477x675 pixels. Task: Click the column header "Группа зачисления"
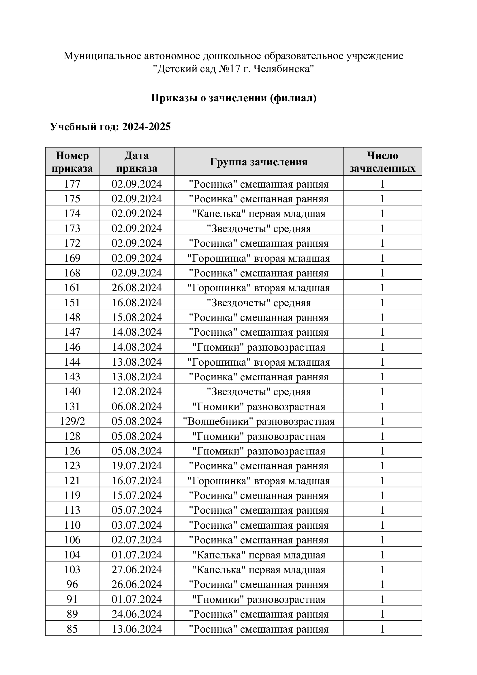pos(258,162)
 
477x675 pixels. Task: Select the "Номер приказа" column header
pos(72,162)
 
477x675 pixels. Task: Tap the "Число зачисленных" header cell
pos(382,162)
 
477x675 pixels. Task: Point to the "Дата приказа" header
pos(137,162)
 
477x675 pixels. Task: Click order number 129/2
pos(72,421)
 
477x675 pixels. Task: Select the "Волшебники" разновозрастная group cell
pos(258,421)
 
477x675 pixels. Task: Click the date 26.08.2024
pos(137,287)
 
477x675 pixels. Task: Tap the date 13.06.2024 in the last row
pos(137,629)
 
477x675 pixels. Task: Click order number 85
pos(72,629)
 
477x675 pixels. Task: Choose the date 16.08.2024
pos(137,302)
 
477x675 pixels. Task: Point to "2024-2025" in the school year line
pos(146,127)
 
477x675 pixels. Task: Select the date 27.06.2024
pos(137,569)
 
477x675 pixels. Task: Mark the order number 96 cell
pos(72,584)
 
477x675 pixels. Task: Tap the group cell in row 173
pos(258,229)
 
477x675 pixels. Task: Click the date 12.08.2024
pos(137,392)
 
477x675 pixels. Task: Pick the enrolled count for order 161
pos(382,287)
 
